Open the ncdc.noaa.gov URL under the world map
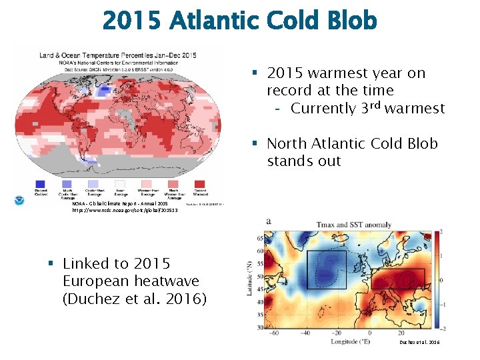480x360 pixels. coord(116,209)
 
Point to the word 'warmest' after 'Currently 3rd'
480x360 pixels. coord(413,108)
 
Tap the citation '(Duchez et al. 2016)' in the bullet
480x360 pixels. coord(134,299)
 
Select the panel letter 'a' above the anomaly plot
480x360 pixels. coord(268,221)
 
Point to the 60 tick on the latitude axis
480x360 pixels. coord(259,251)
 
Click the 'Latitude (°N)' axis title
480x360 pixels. coord(248,280)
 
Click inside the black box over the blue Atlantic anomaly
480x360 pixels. coord(326,270)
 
